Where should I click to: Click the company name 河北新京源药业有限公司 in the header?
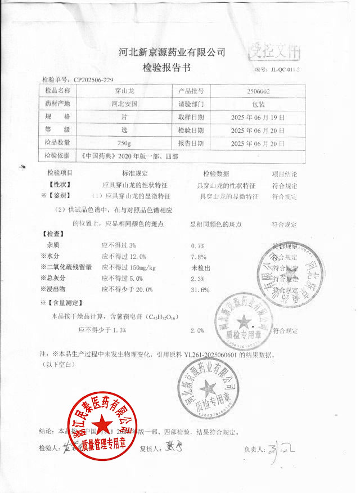point(172,52)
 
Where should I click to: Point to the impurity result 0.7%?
point(197,246)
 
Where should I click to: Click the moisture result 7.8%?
point(197,257)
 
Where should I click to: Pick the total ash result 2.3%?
point(197,279)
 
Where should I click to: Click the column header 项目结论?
point(285,174)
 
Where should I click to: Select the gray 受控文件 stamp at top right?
point(275,52)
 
